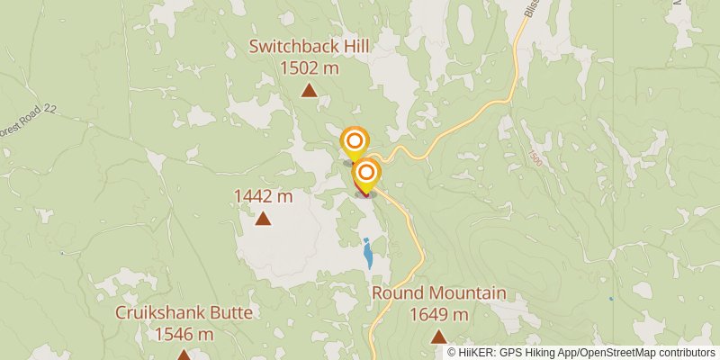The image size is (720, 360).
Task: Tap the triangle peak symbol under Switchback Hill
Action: (x=309, y=89)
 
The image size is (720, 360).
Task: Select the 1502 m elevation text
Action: (x=310, y=67)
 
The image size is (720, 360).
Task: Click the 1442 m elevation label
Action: (x=264, y=196)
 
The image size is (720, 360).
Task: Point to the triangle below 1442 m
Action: (x=264, y=218)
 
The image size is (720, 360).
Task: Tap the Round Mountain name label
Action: (x=438, y=293)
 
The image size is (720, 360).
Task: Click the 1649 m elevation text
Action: (x=438, y=314)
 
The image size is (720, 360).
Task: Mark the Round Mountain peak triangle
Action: (x=438, y=337)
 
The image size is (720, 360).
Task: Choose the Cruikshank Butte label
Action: (x=184, y=313)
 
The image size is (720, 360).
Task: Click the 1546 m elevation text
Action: (x=184, y=334)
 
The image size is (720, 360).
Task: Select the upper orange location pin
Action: (x=355, y=141)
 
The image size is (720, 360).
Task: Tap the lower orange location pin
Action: (x=366, y=172)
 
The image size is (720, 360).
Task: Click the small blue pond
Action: (x=367, y=255)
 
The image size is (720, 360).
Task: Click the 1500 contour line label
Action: (x=535, y=157)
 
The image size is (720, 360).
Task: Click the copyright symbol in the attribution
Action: (x=452, y=353)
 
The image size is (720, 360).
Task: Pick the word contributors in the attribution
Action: (x=686, y=353)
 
